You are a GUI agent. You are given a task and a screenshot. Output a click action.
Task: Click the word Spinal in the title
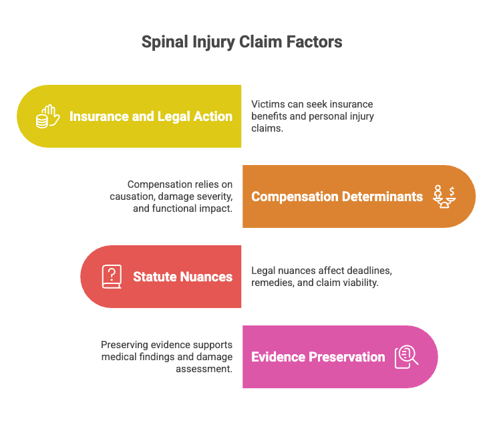(x=165, y=42)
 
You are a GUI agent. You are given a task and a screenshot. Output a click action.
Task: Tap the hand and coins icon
(x=47, y=116)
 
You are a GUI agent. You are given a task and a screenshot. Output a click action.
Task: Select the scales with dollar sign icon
(x=444, y=196)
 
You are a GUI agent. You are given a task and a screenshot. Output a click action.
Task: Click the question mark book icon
(x=112, y=277)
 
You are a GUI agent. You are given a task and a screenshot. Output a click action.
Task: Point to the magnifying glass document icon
(x=407, y=357)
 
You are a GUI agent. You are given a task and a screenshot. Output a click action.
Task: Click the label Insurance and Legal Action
(x=151, y=116)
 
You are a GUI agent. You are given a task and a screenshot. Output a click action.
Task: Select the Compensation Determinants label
(x=337, y=196)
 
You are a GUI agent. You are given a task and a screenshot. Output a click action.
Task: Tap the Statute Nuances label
(x=182, y=277)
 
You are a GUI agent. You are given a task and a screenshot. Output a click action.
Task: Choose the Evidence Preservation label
(x=318, y=357)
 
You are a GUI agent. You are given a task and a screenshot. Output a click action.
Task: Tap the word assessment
(x=204, y=369)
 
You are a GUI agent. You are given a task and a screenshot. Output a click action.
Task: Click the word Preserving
(x=124, y=345)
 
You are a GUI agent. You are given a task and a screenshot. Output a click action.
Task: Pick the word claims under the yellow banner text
(x=267, y=128)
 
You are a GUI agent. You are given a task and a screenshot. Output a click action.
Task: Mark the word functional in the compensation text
(x=175, y=208)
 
